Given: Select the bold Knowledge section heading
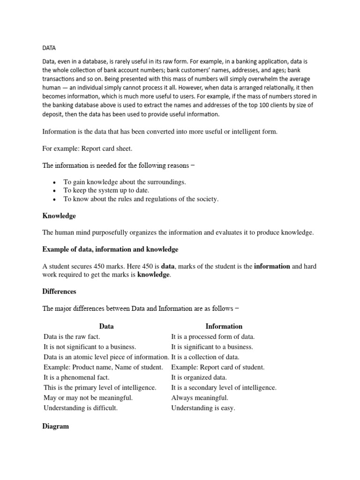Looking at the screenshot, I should click(59, 216).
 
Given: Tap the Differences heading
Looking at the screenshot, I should click(59, 291).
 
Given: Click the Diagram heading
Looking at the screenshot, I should click(55, 426).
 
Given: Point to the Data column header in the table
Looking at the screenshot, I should click(106, 326).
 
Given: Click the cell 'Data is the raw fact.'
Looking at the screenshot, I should click(72, 337).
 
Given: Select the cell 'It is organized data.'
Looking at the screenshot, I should click(199, 377).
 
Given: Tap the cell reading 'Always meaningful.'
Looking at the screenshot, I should click(200, 397).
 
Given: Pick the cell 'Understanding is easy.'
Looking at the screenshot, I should click(203, 408).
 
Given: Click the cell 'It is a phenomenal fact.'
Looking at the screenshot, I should click(76, 377).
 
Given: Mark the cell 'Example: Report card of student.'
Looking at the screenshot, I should click(217, 367).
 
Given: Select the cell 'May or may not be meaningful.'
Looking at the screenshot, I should click(88, 397).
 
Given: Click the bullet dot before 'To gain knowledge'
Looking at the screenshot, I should click(55, 182).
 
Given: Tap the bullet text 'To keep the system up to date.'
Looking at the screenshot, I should click(106, 190).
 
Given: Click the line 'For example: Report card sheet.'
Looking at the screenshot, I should click(88, 149).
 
